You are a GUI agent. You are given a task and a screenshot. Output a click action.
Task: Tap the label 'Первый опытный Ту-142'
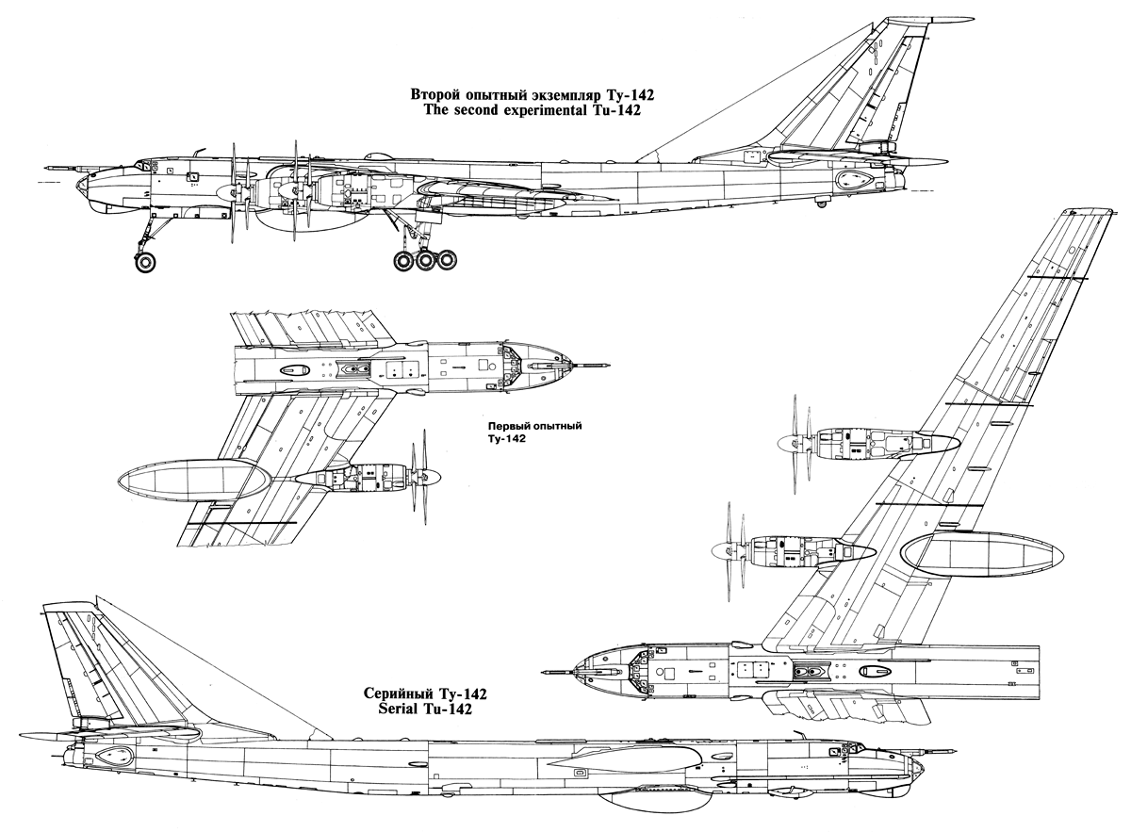click(533, 432)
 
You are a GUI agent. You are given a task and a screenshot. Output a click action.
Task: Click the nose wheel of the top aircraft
click(144, 261)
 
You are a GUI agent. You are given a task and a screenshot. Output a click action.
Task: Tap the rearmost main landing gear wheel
click(446, 259)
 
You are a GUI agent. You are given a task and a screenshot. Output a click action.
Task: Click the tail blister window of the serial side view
click(116, 755)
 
